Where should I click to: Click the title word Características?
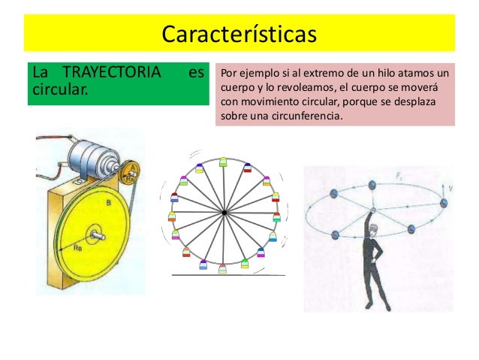pyautogui.click(x=239, y=35)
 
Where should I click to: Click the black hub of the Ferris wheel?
pyautogui.click(x=224, y=213)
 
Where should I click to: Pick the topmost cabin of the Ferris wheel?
pyautogui.click(x=223, y=162)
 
